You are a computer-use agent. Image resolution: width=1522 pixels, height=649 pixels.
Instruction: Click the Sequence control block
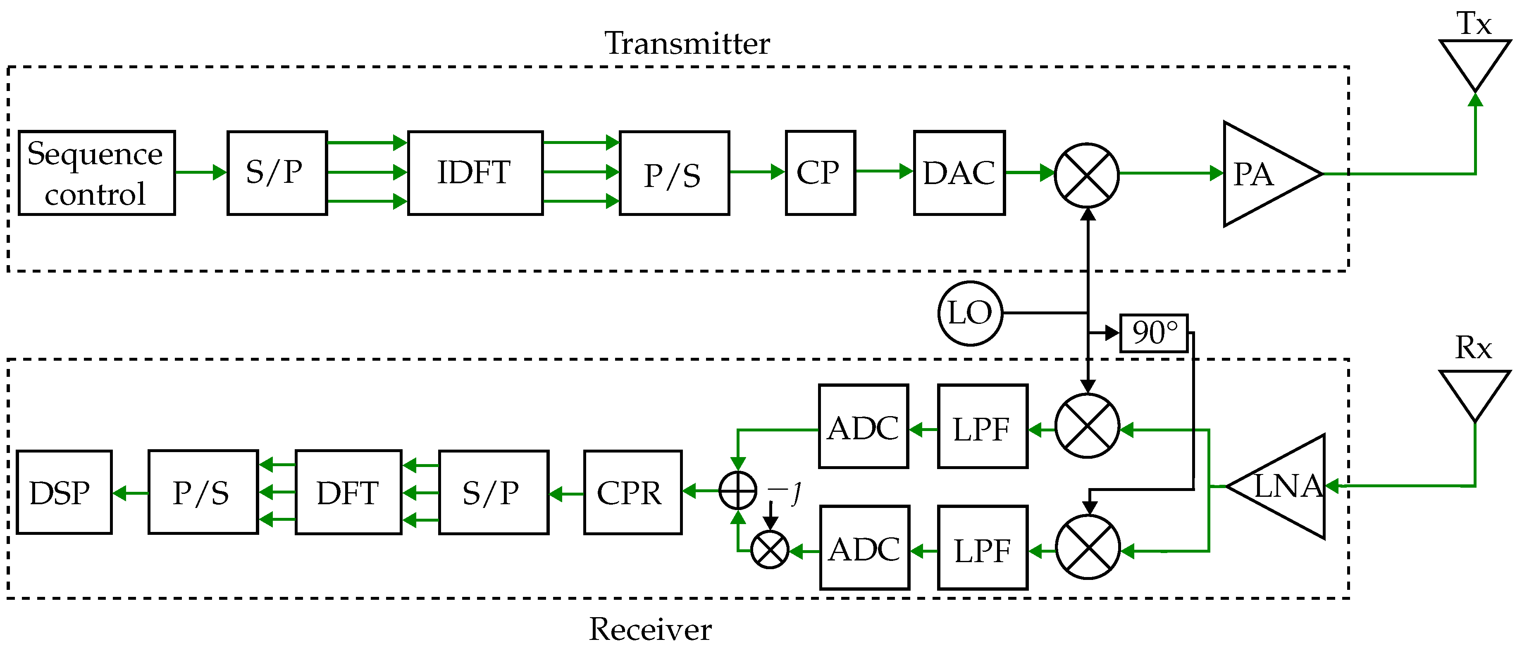click(97, 172)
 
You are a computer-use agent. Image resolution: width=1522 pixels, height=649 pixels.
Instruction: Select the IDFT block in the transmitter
click(475, 172)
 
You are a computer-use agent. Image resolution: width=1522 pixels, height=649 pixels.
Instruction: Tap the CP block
click(820, 172)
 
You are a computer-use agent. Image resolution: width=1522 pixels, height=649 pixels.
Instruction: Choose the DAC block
click(959, 172)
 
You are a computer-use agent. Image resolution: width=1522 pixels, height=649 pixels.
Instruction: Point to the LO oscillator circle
click(970, 313)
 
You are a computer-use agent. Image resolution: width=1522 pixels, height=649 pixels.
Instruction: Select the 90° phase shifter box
click(1154, 333)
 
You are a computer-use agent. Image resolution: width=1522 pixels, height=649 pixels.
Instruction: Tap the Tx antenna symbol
click(1475, 65)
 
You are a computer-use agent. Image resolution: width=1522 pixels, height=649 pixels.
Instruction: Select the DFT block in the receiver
click(348, 492)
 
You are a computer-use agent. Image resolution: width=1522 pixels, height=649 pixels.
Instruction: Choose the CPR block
click(633, 492)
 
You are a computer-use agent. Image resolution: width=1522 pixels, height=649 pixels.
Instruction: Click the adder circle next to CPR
click(738, 490)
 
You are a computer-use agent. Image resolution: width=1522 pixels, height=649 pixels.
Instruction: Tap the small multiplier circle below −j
click(770, 550)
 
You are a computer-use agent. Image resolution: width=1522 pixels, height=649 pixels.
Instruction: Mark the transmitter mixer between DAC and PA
click(1087, 175)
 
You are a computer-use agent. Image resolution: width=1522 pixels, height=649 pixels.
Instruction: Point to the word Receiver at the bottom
click(651, 628)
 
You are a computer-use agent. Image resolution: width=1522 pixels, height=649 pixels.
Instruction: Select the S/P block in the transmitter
click(277, 172)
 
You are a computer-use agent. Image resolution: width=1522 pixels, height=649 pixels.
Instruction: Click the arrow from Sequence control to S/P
click(201, 172)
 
